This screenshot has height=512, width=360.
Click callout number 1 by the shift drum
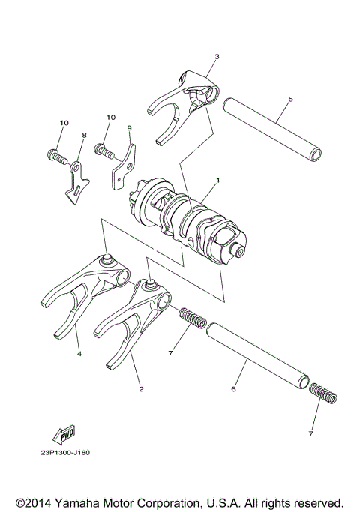point(217,181)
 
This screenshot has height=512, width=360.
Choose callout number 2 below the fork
point(142,389)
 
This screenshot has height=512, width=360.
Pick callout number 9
point(129,128)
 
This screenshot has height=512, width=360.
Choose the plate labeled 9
point(123,169)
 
